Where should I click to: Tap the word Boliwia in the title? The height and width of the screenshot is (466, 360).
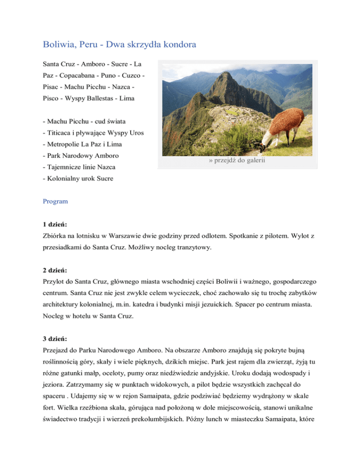[x=57, y=45]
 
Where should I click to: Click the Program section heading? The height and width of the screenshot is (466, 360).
[x=55, y=201]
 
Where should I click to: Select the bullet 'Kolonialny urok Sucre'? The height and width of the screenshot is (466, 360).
[x=77, y=179]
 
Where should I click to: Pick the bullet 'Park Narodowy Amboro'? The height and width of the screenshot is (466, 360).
[x=80, y=155]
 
